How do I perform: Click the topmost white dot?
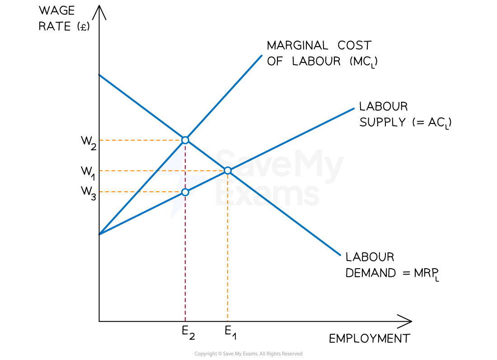[185, 140]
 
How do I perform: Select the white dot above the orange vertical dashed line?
[228, 171]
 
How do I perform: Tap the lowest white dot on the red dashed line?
[185, 192]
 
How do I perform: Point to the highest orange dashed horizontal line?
[136, 140]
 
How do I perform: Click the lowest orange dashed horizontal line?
[136, 192]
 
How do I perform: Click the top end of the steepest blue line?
[262, 56]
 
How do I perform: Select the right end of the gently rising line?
[354, 109]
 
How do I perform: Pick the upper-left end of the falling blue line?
[99, 75]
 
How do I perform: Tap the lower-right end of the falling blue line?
[340, 255]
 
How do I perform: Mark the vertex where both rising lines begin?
[100, 234]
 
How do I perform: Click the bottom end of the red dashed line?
[185, 320]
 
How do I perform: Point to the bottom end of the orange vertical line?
[227, 320]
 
